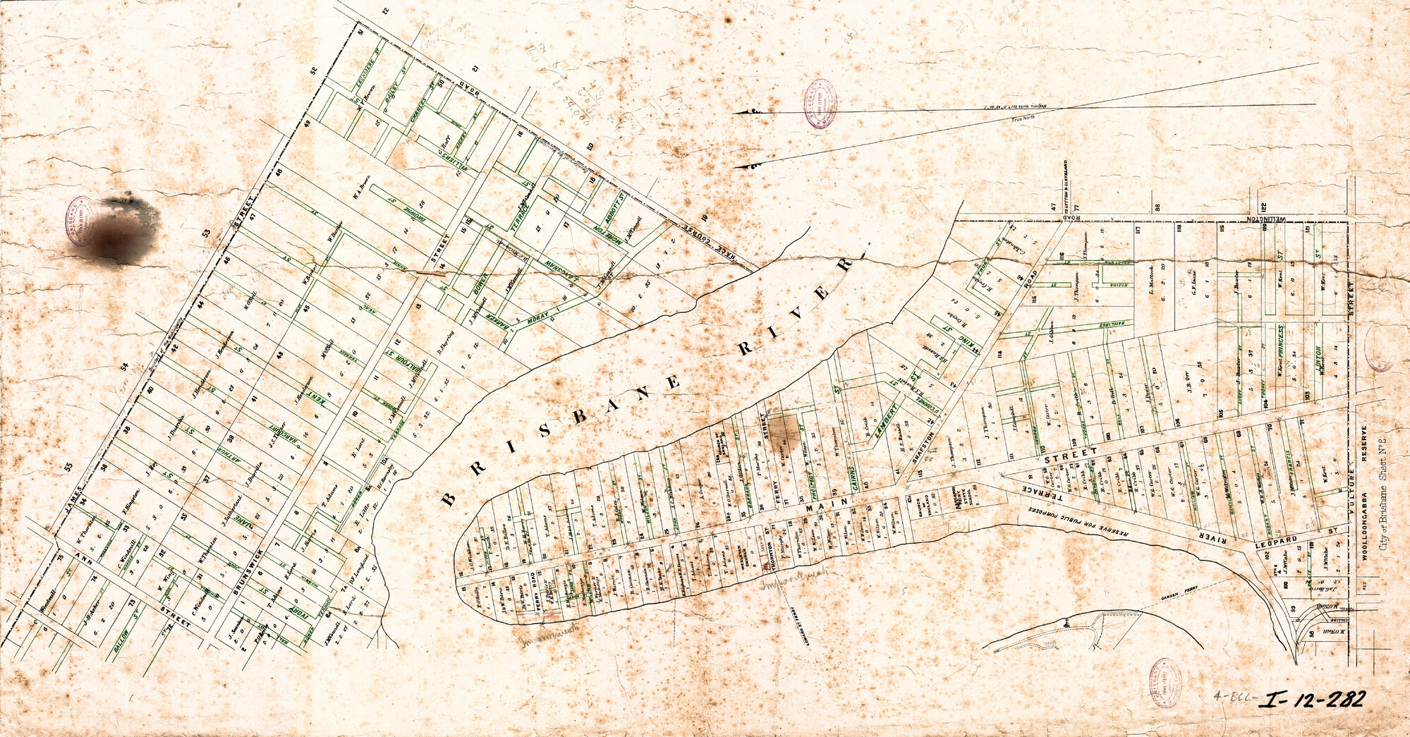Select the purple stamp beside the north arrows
pos(820,104)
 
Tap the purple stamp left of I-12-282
pos(1165,682)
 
